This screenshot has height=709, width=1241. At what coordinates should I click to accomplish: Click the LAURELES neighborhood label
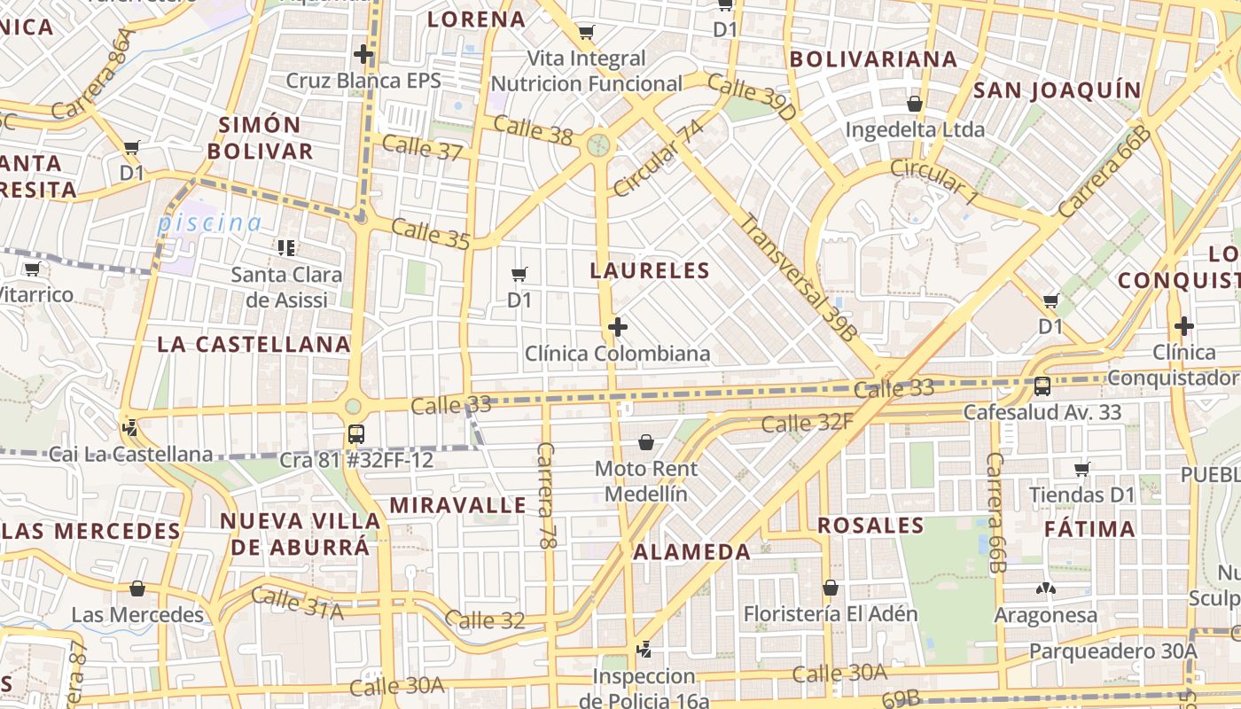651,271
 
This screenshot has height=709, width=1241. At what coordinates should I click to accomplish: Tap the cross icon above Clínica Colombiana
618,328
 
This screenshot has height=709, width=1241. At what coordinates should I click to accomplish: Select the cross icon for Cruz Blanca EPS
363,54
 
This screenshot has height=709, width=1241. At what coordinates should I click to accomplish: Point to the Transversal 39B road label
799,278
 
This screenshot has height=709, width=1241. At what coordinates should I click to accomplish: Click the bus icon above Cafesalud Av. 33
1042,386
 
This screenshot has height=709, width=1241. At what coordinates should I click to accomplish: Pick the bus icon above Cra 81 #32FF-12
355,434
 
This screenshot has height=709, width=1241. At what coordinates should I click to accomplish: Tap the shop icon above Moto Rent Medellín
646,441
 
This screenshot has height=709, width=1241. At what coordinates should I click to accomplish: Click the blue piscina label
210,223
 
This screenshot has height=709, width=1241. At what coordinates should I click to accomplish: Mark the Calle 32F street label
807,423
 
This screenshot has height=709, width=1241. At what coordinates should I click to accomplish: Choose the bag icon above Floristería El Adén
831,588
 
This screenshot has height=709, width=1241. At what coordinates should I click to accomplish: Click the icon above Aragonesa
1045,588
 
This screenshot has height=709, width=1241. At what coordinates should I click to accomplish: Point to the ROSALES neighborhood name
870,526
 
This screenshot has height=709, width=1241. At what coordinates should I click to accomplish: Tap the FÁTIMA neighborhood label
1090,530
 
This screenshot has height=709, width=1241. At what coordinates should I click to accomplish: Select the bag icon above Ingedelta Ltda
915,104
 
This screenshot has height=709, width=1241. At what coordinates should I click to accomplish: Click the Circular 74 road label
658,158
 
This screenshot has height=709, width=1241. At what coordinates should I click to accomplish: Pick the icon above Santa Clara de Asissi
285,247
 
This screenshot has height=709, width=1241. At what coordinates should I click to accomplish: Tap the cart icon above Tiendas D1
1081,469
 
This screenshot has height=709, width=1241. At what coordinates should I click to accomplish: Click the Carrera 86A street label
92,74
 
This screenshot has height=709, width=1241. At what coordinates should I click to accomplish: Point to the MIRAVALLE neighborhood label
458,505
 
